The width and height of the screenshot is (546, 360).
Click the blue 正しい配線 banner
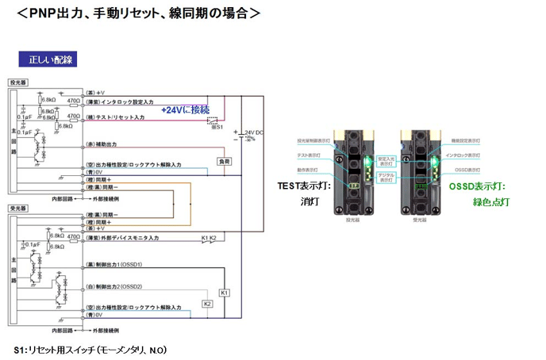48,59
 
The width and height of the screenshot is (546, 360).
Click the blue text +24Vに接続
185,109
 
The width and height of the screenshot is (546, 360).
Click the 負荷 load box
224,162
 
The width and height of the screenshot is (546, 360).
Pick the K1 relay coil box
224,293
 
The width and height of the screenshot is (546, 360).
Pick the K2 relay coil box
207,304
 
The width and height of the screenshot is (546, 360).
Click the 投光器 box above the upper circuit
17,82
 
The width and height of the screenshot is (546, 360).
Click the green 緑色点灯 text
491,202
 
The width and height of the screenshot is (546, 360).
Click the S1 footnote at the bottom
90,350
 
